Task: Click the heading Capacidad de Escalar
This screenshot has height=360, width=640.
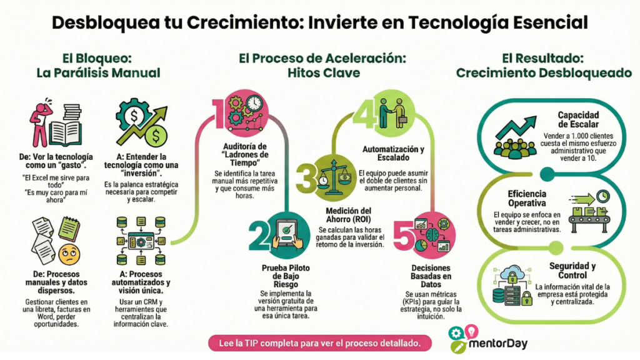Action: [578, 119]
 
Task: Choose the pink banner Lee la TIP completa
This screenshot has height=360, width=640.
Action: [320, 342]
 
